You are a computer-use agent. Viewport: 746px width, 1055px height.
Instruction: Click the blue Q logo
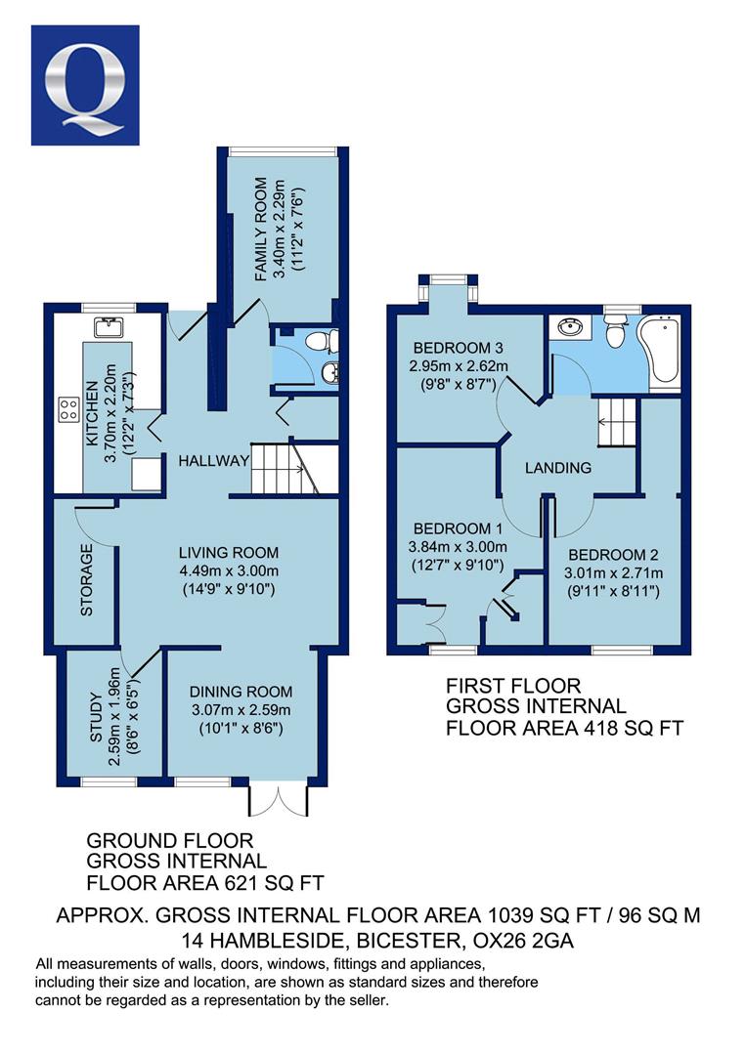(x=85, y=85)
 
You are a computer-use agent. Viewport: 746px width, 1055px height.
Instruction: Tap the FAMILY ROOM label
(x=260, y=230)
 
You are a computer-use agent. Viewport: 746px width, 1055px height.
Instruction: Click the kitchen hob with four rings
(x=68, y=409)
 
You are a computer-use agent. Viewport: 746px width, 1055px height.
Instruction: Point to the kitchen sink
(x=108, y=327)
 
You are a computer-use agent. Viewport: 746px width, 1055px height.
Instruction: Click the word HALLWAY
(x=213, y=461)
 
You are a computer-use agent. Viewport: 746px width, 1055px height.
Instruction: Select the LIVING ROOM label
(x=228, y=553)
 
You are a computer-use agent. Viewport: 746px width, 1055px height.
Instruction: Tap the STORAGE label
(x=87, y=580)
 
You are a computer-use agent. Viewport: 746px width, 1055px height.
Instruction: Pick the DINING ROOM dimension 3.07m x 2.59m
(x=241, y=710)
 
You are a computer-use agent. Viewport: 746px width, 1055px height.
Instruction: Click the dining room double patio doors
(x=279, y=799)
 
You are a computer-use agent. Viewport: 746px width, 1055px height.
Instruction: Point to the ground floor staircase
(x=285, y=468)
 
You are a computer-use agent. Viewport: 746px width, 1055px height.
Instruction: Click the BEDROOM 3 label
(x=458, y=348)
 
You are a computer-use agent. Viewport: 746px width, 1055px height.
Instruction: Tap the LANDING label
(x=558, y=468)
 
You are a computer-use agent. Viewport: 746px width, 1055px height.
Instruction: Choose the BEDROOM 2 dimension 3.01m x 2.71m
(x=613, y=573)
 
